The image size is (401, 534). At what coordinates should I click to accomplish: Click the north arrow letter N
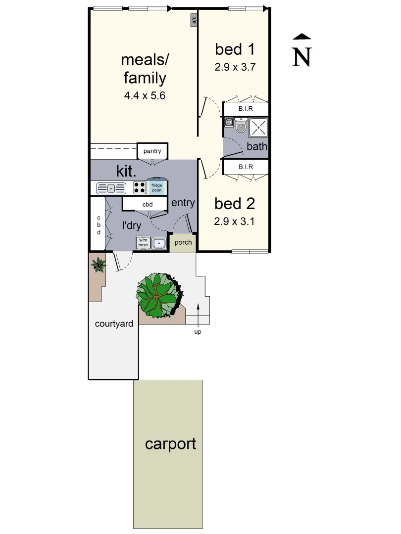click(x=302, y=56)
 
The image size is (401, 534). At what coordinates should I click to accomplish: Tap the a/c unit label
click(x=194, y=20)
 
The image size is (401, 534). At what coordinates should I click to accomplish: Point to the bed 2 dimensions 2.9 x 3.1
click(x=234, y=222)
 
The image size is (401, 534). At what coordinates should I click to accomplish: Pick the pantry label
click(x=152, y=151)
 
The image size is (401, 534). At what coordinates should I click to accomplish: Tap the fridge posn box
click(x=156, y=187)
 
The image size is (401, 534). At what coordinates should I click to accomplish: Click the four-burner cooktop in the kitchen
click(x=139, y=188)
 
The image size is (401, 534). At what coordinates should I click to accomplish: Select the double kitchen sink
click(x=111, y=188)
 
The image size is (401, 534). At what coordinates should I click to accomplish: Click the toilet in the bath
click(x=241, y=126)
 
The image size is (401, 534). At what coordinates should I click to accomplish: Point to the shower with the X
click(x=258, y=128)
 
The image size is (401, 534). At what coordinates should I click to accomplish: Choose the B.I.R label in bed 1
click(x=246, y=109)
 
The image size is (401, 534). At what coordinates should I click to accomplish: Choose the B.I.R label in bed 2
click(x=246, y=167)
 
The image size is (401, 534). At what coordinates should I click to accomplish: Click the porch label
click(x=183, y=243)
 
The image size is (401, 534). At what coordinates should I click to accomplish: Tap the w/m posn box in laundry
click(x=143, y=243)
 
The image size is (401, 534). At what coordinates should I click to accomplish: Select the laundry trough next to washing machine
click(x=159, y=243)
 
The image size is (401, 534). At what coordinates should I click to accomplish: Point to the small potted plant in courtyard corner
click(x=98, y=265)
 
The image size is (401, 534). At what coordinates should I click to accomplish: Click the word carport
click(x=170, y=444)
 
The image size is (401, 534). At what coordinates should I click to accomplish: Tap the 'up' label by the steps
click(x=198, y=332)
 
